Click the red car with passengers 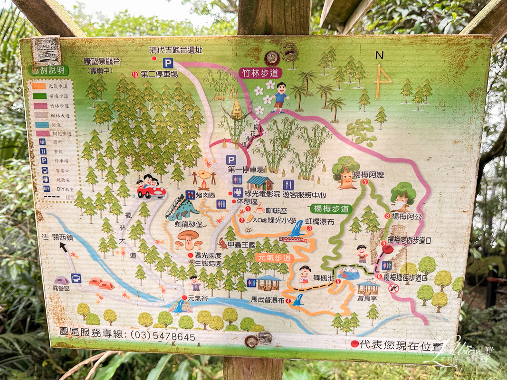pyautogui.click(x=151, y=188)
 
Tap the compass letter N pyautogui.click(x=379, y=55)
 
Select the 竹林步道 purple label pyautogui.click(x=260, y=73)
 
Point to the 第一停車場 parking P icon pyautogui.click(x=231, y=160)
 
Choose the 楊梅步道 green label pyautogui.click(x=330, y=209)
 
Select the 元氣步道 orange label pyautogui.click(x=274, y=257)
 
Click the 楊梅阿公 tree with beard pyautogui.click(x=403, y=197)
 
